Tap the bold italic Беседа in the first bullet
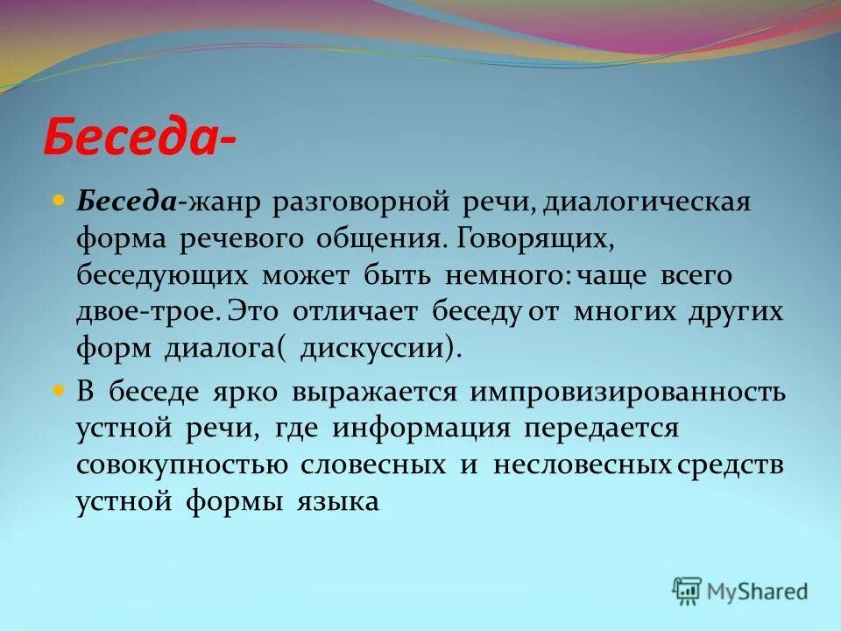tap(128, 202)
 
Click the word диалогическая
tap(647, 202)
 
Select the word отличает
tap(357, 313)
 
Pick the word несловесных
tap(582, 464)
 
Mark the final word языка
tap(337, 501)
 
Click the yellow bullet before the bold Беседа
tap(60, 202)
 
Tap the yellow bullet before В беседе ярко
tap(60, 391)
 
